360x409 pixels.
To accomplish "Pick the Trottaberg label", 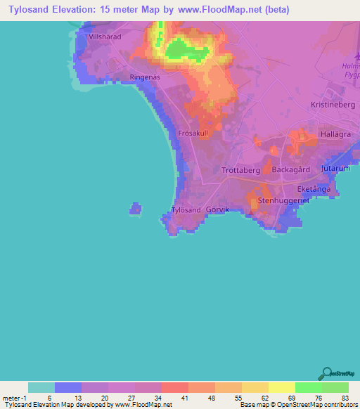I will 241,171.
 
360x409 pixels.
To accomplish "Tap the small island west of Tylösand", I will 135,208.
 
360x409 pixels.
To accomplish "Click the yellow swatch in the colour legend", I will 281,387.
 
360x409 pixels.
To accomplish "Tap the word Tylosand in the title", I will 33,11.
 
